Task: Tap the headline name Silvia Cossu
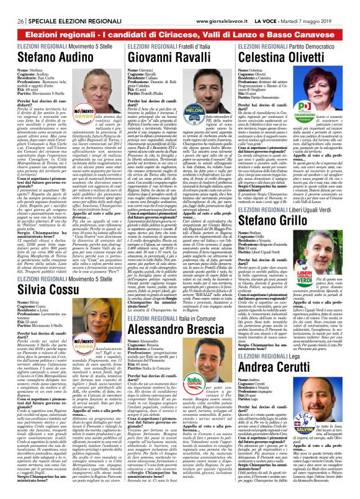click(x=44, y=291)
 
